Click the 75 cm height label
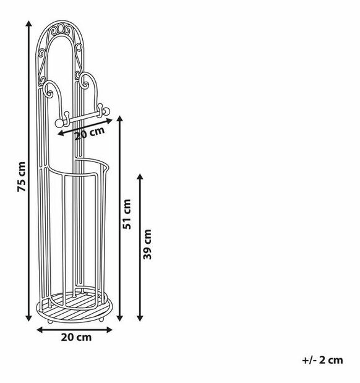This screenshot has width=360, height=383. pos(22,176)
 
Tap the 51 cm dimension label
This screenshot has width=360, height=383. pos(127,214)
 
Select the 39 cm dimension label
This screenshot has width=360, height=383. pos(147,244)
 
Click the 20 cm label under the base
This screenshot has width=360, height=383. pos(76,337)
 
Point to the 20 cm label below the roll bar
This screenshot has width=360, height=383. pos(90,133)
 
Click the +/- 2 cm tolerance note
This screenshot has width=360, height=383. pos(322,360)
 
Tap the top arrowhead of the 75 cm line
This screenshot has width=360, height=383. pos(29,24)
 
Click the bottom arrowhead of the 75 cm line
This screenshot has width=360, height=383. pos(29,318)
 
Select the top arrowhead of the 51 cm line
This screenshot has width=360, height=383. pos(119,119)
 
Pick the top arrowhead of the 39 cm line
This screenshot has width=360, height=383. pos(140,177)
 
